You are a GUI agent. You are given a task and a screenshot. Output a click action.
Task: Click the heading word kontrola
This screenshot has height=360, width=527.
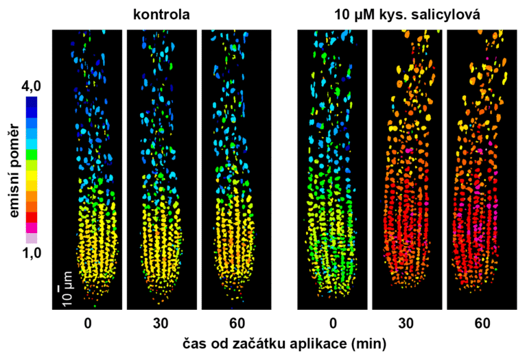coord(161,14)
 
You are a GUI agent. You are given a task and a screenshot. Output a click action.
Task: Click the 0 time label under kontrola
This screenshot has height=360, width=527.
coord(87,322)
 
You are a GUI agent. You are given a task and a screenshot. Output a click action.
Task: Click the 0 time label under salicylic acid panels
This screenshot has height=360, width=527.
coord(332,322)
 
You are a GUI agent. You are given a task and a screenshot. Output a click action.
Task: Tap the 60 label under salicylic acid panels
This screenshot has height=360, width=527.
coord(481,322)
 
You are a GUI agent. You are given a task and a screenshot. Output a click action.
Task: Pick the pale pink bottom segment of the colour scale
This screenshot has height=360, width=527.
coord(32,239)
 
